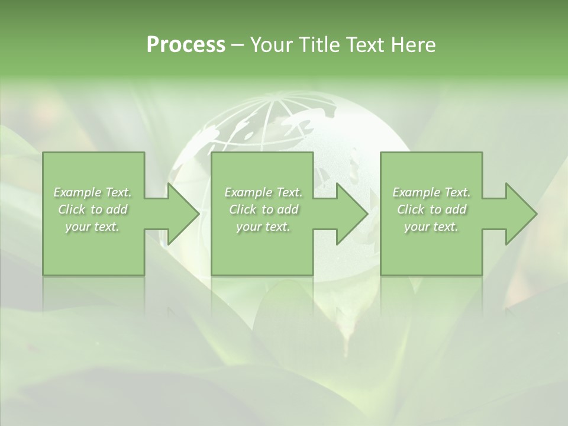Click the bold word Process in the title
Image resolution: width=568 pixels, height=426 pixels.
[186, 45]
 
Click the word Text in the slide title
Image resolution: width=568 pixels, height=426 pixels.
[365, 45]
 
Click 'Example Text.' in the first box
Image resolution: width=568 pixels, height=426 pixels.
[93, 192]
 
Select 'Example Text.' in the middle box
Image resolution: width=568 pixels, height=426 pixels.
[263, 192]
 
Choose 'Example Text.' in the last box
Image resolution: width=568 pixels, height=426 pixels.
[431, 192]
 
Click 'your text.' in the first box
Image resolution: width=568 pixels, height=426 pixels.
[93, 227]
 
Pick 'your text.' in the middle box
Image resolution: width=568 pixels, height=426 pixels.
[263, 227]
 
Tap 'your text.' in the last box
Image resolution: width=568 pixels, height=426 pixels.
[431, 227]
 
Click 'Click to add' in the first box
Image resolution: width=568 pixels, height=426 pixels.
[93, 209]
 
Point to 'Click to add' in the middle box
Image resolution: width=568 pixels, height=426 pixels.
[263, 209]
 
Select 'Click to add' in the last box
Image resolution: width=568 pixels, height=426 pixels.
[431, 209]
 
